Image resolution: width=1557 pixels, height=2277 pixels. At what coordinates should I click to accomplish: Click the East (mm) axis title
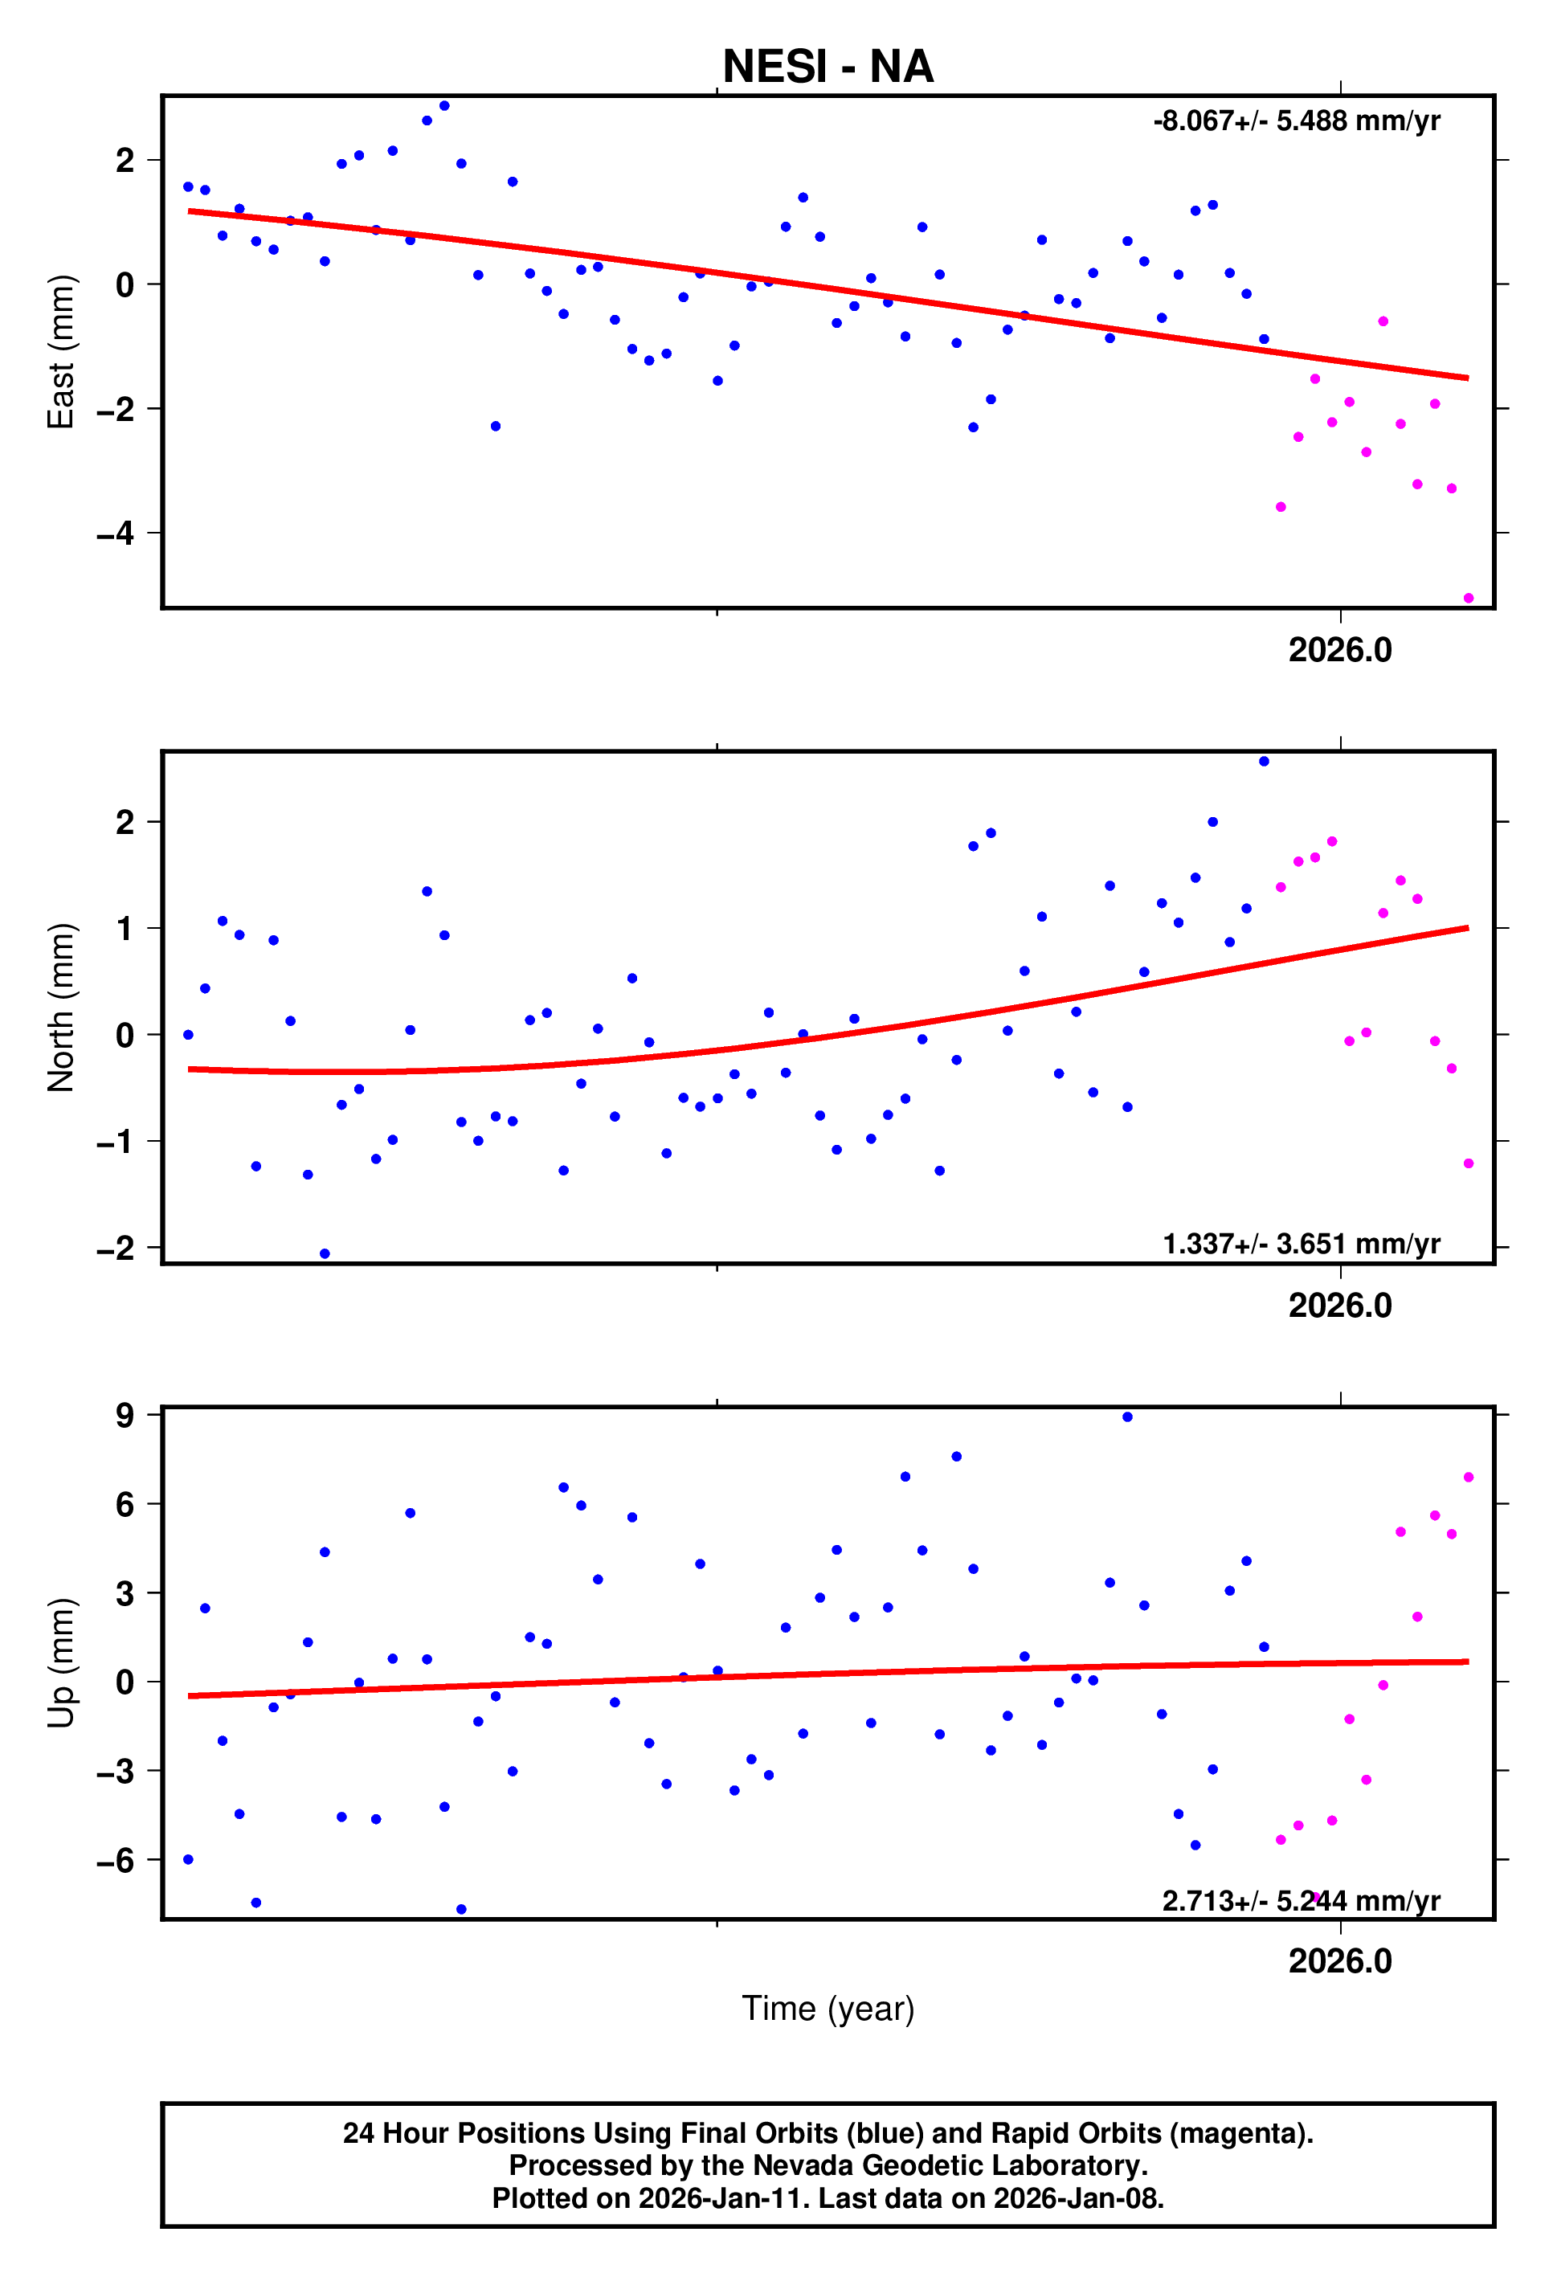61,352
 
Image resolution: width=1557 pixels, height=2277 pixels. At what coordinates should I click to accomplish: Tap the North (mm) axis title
61,1008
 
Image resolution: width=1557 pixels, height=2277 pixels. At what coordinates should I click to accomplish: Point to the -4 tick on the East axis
116,534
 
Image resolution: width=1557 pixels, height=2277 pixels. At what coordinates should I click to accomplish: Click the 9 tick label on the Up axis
125,1415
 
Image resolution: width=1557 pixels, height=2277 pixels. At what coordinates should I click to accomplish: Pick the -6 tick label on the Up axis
116,1861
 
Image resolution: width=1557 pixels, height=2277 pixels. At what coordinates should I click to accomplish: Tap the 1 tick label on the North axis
125,928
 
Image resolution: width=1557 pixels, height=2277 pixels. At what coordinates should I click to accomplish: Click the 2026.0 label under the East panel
1339,651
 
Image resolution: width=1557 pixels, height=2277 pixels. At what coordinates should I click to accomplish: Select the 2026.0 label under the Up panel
1339,1961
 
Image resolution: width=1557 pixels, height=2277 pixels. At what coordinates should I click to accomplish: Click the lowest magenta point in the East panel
1468,598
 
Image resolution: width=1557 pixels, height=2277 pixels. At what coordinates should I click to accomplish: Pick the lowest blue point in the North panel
325,1254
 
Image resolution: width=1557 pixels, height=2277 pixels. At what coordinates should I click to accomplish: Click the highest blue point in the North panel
1263,762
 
